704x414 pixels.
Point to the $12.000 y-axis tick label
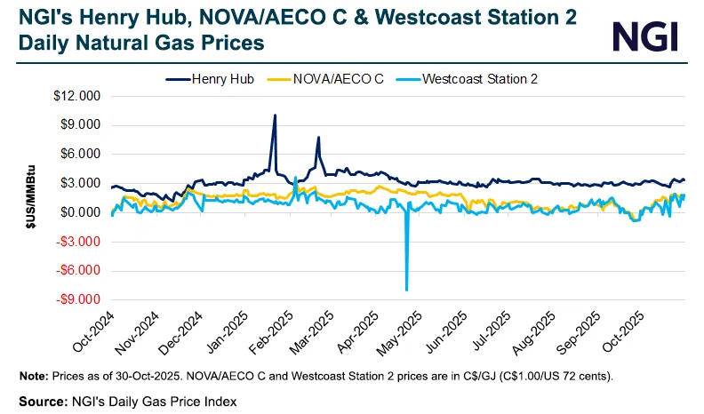point(78,96)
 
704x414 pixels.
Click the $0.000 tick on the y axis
point(81,212)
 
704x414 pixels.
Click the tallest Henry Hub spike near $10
point(275,115)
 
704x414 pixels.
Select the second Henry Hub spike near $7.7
point(318,138)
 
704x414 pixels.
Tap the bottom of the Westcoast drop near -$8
point(407,290)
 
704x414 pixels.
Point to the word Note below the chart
point(33,376)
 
